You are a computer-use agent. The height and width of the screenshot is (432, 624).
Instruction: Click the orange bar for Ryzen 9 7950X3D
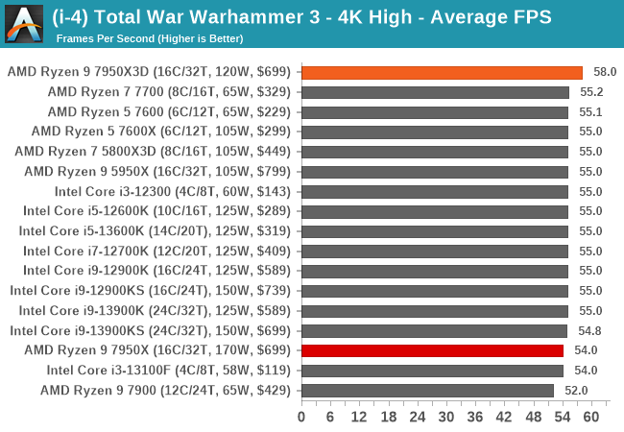pyautogui.click(x=442, y=72)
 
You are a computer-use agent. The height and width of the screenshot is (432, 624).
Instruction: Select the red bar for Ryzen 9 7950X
pyautogui.click(x=432, y=350)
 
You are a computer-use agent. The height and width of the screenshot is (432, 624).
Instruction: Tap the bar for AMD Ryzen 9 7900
pyautogui.click(x=427, y=390)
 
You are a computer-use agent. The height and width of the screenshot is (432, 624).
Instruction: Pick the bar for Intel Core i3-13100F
pyautogui.click(x=432, y=371)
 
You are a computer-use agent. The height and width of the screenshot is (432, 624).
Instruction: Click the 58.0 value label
pyautogui.click(x=605, y=72)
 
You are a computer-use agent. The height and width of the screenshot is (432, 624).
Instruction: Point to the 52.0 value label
pyautogui.click(x=576, y=390)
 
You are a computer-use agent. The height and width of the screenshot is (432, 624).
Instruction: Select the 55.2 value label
pyautogui.click(x=591, y=92)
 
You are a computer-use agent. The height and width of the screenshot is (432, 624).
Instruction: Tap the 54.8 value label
pyautogui.click(x=590, y=330)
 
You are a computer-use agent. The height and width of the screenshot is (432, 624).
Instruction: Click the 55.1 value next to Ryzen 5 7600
pyautogui.click(x=591, y=111)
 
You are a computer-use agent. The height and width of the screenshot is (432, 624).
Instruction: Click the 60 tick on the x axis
pyautogui.click(x=590, y=417)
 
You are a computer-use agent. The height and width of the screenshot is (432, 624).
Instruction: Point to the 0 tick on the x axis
pyautogui.click(x=301, y=417)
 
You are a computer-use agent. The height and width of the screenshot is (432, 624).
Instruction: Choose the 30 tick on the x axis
pyautogui.click(x=446, y=417)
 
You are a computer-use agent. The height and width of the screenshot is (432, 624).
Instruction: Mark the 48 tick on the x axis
pyautogui.click(x=533, y=417)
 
